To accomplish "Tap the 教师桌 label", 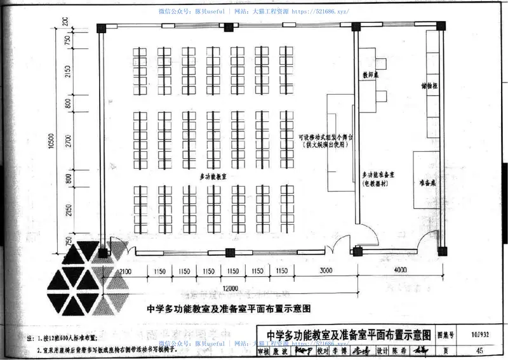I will pyautogui.click(x=371, y=74).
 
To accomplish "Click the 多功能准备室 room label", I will pyautogui.click(x=380, y=175).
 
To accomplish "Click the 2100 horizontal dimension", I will pyautogui.click(x=124, y=272).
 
